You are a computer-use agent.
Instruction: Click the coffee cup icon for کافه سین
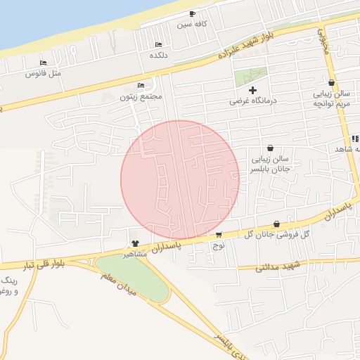192,13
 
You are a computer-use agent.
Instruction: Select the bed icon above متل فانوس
44,63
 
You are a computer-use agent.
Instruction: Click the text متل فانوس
44,73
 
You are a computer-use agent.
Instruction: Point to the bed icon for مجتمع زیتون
141,86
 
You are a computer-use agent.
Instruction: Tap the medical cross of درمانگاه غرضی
253,90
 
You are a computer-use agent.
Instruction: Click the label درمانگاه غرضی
253,101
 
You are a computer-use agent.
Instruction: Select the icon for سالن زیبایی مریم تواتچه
331,82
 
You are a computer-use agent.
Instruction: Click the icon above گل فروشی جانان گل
276,224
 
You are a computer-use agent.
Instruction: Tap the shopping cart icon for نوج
219,235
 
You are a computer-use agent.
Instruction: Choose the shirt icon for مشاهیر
135,243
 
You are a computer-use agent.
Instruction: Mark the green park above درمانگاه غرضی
250,77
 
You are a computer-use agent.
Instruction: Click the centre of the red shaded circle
180,179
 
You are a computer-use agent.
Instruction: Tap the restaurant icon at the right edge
354,139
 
